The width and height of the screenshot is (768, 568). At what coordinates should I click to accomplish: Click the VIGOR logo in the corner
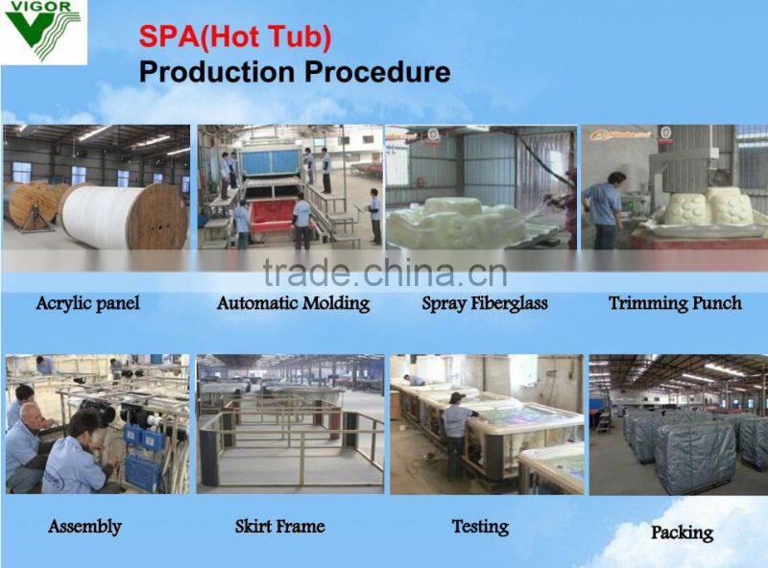coord(43,32)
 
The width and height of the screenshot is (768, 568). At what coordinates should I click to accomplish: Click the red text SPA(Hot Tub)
coord(235,36)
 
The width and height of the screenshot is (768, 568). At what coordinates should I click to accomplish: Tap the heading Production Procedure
coord(294,72)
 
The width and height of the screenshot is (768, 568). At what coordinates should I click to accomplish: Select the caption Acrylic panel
coord(87,303)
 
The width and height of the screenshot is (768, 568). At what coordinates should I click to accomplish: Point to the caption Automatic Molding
coord(293,303)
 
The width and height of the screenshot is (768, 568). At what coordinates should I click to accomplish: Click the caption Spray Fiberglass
coord(485,303)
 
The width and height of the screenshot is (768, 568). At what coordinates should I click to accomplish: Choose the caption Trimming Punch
coord(675,303)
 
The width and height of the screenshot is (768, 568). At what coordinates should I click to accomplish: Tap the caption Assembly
coord(84,526)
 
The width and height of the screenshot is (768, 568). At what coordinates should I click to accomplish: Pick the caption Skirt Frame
coord(279,526)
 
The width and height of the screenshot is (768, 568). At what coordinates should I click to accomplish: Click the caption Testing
coord(480,526)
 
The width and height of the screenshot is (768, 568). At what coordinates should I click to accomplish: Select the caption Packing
coord(682,532)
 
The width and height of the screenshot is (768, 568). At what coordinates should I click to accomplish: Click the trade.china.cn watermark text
coord(384,272)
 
